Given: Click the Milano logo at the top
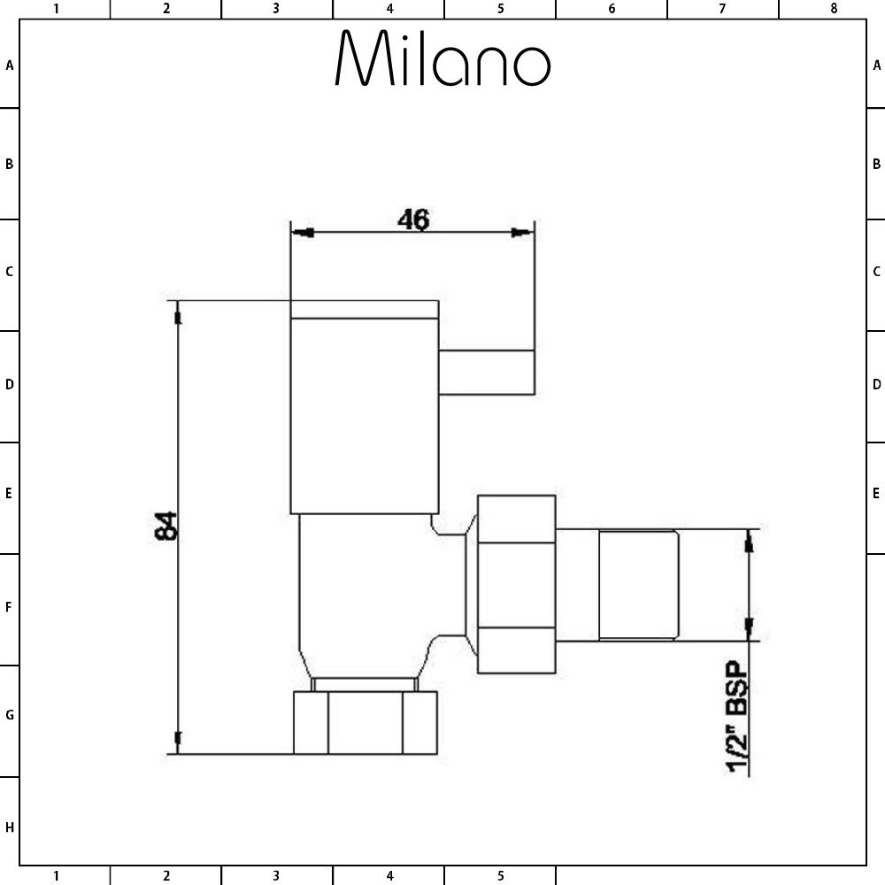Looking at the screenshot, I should [x=442, y=59].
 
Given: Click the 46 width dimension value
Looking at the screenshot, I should [x=412, y=219].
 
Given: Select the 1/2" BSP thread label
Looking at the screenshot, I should [x=737, y=718].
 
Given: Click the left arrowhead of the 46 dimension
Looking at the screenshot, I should [x=303, y=233].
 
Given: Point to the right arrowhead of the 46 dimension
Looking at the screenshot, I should [x=523, y=233].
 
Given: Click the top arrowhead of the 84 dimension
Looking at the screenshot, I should [x=179, y=313].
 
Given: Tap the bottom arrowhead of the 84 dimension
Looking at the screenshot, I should [x=179, y=741].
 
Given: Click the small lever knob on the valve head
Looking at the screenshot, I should [x=488, y=371].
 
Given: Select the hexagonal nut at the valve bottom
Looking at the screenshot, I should [x=366, y=723].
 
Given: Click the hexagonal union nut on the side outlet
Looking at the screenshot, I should [x=516, y=584].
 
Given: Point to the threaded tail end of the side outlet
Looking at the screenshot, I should [x=638, y=584].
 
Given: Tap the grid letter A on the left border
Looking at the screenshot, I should [x=10, y=65].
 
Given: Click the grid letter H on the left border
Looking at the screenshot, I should [x=10, y=827].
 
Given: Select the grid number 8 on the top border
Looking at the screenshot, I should [x=833, y=9].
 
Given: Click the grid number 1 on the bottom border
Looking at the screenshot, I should [x=56, y=876].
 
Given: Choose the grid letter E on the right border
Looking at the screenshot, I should [x=876, y=493].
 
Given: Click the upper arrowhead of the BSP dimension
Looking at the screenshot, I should [x=750, y=541].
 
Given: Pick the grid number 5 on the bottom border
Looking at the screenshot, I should [x=500, y=876].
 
